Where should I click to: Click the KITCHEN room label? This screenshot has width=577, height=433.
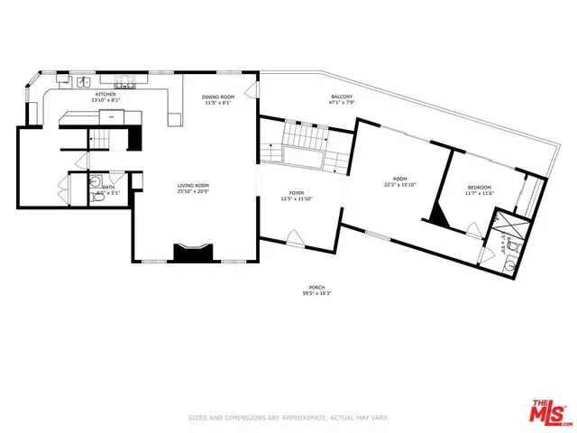[106, 93]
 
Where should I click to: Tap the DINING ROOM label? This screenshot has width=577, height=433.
[217, 97]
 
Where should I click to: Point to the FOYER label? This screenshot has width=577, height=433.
[297, 193]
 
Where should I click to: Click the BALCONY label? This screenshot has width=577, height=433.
[342, 97]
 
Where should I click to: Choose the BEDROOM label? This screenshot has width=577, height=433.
[479, 188]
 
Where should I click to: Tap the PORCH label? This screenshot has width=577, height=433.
[316, 288]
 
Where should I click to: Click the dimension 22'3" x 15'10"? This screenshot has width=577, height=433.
[399, 185]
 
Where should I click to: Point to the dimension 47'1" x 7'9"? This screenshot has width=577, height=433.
[342, 103]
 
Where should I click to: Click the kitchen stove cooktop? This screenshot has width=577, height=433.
[127, 83]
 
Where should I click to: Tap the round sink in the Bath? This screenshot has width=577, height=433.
[97, 182]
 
